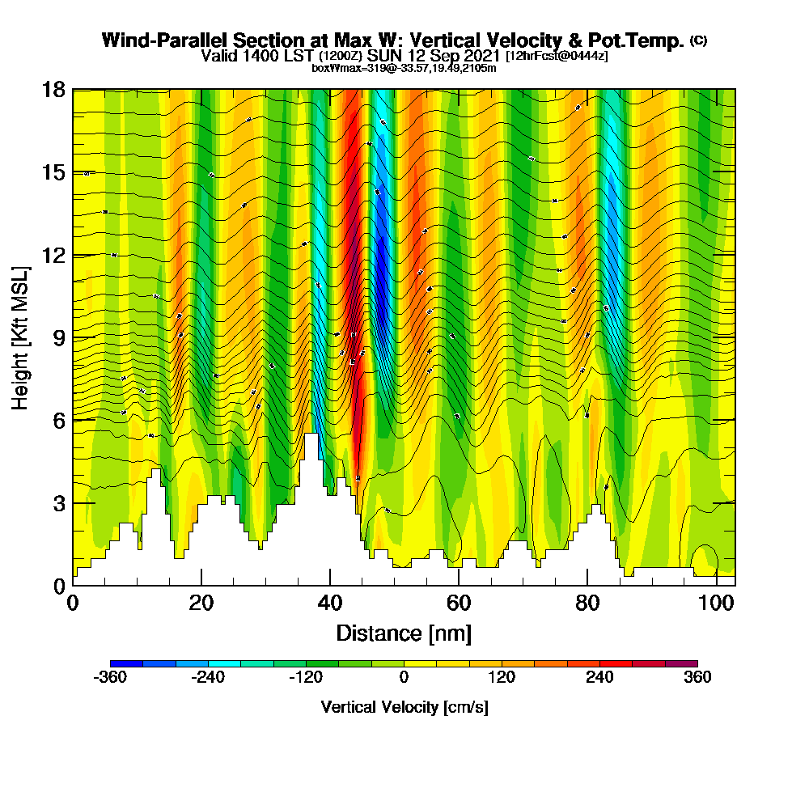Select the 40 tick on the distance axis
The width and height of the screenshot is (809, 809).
[x=329, y=603]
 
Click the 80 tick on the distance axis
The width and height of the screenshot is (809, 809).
[x=587, y=603]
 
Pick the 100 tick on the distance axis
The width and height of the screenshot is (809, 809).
[x=715, y=603]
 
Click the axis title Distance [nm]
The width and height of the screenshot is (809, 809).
[x=404, y=632]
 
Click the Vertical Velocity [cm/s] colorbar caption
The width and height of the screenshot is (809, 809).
[x=404, y=707]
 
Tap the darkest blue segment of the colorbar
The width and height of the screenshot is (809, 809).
[x=126, y=663]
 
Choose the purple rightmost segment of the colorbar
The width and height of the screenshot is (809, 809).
[x=681, y=663]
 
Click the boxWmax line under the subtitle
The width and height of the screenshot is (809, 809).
[x=404, y=68]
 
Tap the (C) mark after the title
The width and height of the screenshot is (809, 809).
[x=698, y=40]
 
